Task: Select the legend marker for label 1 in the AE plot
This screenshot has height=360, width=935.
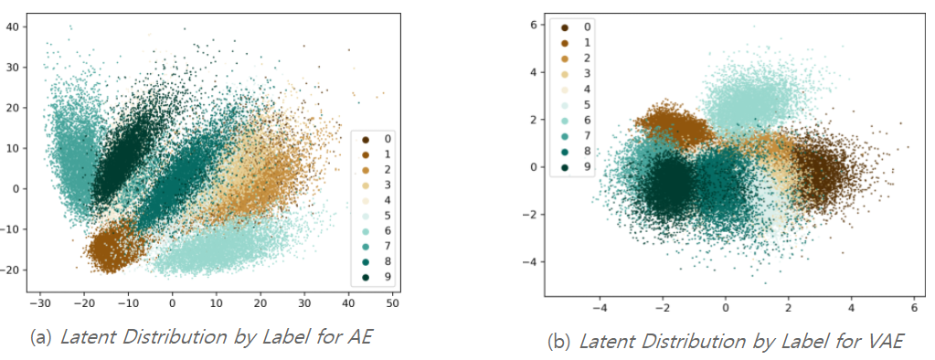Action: (366, 154)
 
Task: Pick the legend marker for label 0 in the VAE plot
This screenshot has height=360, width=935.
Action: (565, 27)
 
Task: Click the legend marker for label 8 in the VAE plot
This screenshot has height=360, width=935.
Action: (565, 152)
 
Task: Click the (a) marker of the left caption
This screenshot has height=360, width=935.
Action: (40, 337)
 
